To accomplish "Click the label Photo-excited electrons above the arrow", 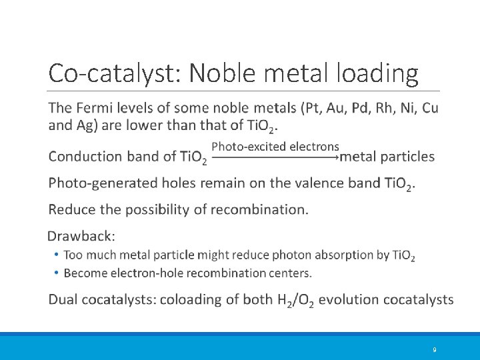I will click(x=275, y=147).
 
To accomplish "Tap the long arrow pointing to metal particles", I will click(x=275, y=158).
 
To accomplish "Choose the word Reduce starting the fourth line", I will click(x=72, y=209).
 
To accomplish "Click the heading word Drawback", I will click(x=81, y=236).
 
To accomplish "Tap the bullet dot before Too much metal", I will click(x=57, y=255).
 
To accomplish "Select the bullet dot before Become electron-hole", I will click(x=57, y=273).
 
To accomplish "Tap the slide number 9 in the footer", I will click(x=434, y=350).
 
